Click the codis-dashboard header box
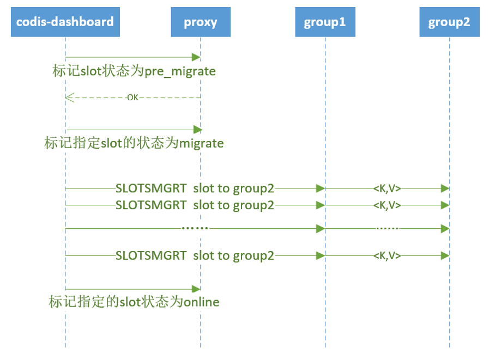(65, 22)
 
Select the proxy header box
(200, 22)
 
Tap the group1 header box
(325, 22)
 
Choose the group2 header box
(449, 22)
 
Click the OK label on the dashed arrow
(132, 97)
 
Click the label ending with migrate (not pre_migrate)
(134, 143)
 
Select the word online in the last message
(201, 302)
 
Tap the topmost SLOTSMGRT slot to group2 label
(195, 188)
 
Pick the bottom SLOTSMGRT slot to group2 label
(195, 255)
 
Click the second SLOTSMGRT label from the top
(195, 205)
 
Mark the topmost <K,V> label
(387, 188)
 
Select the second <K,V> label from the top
(387, 205)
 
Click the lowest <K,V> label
(387, 255)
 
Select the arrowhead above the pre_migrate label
(196, 57)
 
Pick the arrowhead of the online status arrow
(196, 289)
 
